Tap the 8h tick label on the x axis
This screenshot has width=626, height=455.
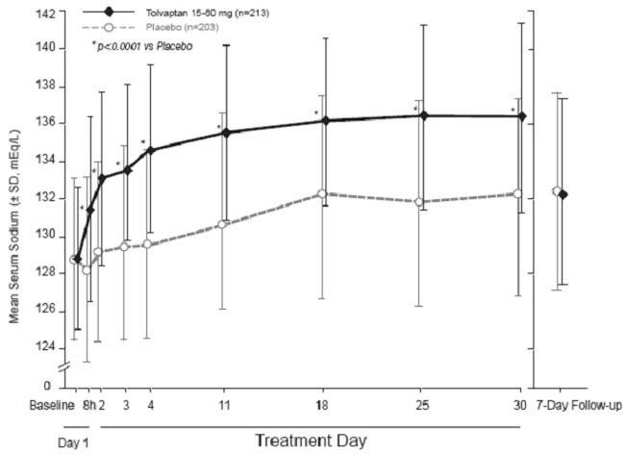87,404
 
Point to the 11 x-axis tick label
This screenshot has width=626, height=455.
224,404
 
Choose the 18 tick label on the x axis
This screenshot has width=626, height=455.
323,404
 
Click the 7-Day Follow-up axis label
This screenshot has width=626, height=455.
577,404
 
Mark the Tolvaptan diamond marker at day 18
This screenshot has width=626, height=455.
324,120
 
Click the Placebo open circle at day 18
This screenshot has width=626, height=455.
322,194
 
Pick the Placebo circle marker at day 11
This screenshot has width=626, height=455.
223,224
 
